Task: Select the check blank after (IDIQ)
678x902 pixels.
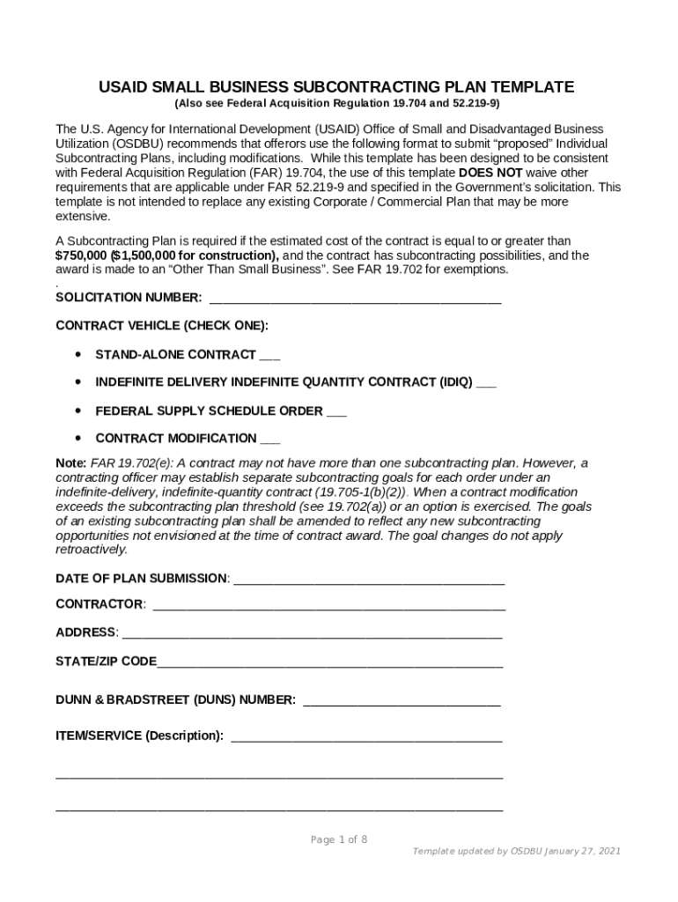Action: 486,383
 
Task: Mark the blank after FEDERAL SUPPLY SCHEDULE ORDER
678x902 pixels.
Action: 336,411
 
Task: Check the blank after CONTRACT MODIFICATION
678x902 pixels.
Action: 271,440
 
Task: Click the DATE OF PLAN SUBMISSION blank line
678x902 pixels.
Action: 369,580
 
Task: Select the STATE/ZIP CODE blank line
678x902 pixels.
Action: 330,662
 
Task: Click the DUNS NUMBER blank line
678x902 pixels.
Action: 402,701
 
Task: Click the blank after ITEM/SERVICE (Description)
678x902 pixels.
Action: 366,736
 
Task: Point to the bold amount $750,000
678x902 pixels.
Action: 81,255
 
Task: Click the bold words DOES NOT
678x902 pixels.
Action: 490,173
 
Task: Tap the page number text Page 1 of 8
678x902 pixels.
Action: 339,839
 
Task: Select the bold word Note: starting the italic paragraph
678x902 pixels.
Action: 70,463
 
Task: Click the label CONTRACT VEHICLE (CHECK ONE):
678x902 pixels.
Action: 162,326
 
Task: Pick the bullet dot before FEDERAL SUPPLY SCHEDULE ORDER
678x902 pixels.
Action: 79,411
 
